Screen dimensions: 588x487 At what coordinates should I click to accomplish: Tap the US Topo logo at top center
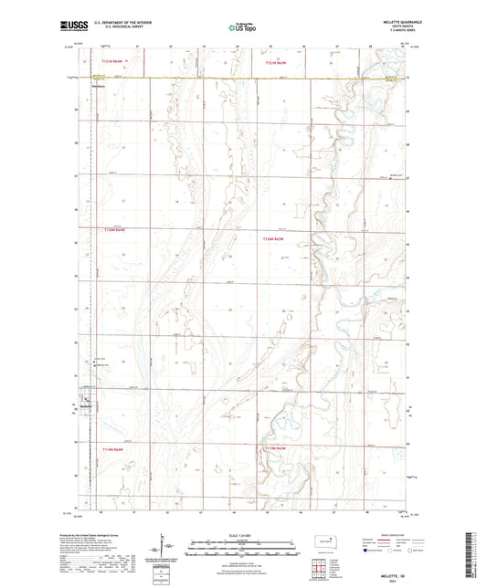tap(243, 27)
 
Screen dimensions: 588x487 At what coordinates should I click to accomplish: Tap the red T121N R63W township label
tap(276, 63)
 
